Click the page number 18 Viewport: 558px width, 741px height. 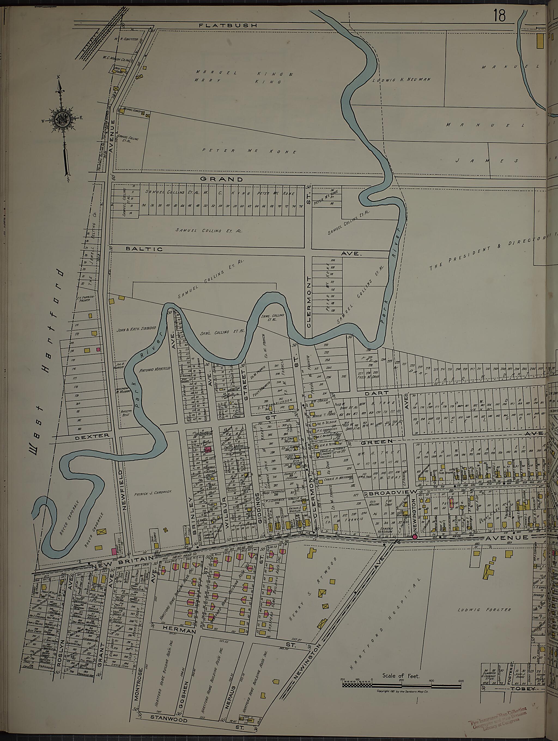point(499,16)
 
